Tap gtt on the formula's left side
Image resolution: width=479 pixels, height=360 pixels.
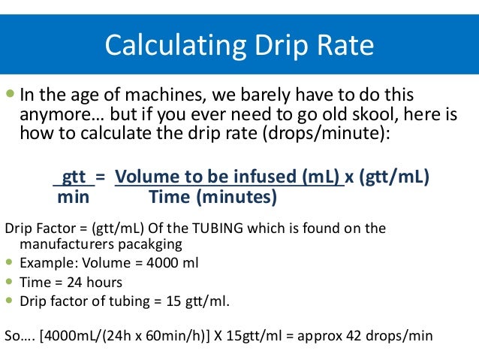click(74, 177)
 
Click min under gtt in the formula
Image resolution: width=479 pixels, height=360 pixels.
click(74, 197)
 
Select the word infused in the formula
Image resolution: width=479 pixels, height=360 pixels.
click(258, 177)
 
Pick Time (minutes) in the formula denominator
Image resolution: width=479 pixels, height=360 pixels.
click(213, 197)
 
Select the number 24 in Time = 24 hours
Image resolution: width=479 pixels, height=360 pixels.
click(72, 283)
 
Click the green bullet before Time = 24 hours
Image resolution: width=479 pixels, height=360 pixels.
click(9, 282)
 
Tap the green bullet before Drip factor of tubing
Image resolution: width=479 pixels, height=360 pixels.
click(9, 301)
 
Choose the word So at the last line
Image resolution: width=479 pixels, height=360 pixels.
click(13, 335)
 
